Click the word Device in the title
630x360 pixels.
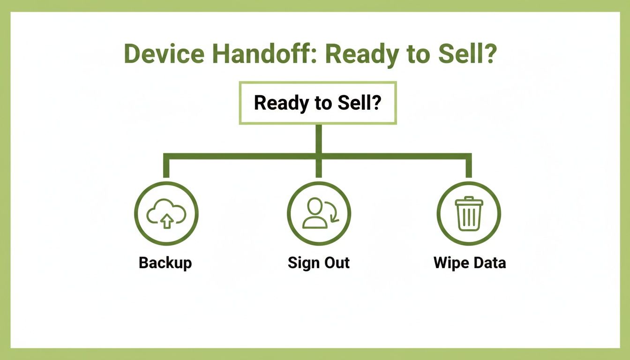(164, 54)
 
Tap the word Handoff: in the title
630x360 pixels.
(264, 54)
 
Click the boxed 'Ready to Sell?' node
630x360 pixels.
(318, 103)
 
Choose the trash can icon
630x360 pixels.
(469, 214)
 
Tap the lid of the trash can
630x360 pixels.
(469, 201)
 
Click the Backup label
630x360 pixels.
(165, 262)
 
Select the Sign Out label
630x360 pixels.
(318, 262)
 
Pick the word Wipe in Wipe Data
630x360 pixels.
(450, 262)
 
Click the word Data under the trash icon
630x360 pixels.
(488, 262)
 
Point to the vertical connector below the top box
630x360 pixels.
(319, 138)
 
